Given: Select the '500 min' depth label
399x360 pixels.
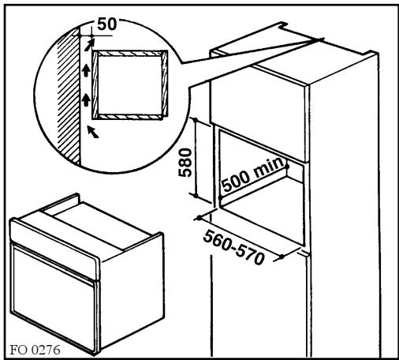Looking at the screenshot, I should click(253, 181).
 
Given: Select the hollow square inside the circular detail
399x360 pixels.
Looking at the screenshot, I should click(129, 83).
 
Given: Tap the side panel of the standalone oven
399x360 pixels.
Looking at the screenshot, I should click(130, 261).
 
